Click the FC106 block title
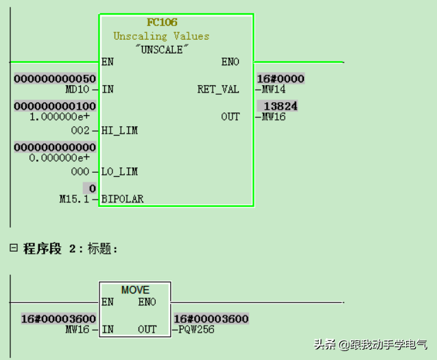coord(163,23)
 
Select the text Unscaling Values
coord(161,36)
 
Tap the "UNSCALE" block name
coord(161,49)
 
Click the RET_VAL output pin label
coord(218,89)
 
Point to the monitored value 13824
coord(280,106)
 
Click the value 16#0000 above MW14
coord(280,79)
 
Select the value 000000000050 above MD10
coord(55,79)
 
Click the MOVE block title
coord(135,290)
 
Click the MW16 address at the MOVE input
coord(79,329)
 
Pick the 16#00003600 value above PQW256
coord(211,319)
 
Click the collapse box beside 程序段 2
coord(13,248)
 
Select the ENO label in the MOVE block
coord(147,302)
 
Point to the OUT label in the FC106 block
coord(230,117)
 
